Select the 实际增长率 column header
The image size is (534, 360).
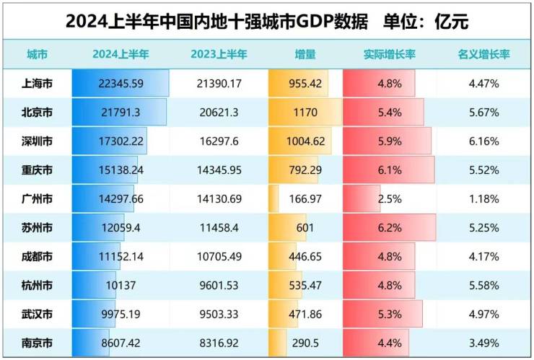pyautogui.click(x=390, y=54)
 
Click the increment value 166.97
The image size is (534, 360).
pyautogui.click(x=305, y=198)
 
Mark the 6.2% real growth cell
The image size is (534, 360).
pyautogui.click(x=389, y=228)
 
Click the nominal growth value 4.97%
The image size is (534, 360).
pyautogui.click(x=483, y=313)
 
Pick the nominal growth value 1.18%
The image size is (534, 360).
pyautogui.click(x=483, y=198)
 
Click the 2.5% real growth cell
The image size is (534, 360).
pyautogui.click(x=389, y=198)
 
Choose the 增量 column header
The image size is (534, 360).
pyautogui.click(x=305, y=54)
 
